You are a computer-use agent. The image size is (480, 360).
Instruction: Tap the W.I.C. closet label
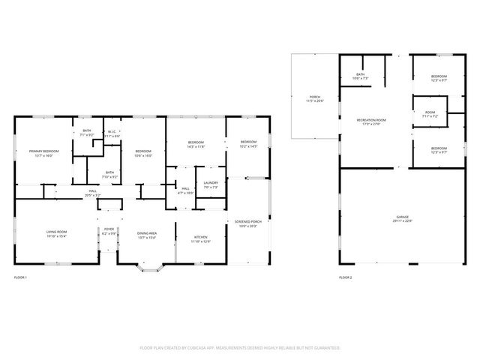point(112,133)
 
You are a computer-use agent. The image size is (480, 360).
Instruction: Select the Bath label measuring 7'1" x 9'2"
point(87,133)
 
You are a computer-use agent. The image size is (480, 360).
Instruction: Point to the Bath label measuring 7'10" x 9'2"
point(109,174)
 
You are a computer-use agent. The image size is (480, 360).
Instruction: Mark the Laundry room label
point(211,184)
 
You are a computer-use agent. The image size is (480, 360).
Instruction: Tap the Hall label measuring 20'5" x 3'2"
point(93,193)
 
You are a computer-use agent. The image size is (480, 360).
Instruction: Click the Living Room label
point(56,234)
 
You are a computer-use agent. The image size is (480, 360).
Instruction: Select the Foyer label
point(109,232)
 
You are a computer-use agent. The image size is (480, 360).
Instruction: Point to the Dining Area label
point(146,234)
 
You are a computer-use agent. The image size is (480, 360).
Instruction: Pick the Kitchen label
point(200,239)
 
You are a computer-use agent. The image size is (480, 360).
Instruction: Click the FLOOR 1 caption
point(20,278)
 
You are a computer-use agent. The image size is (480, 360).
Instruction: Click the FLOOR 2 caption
point(345,278)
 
